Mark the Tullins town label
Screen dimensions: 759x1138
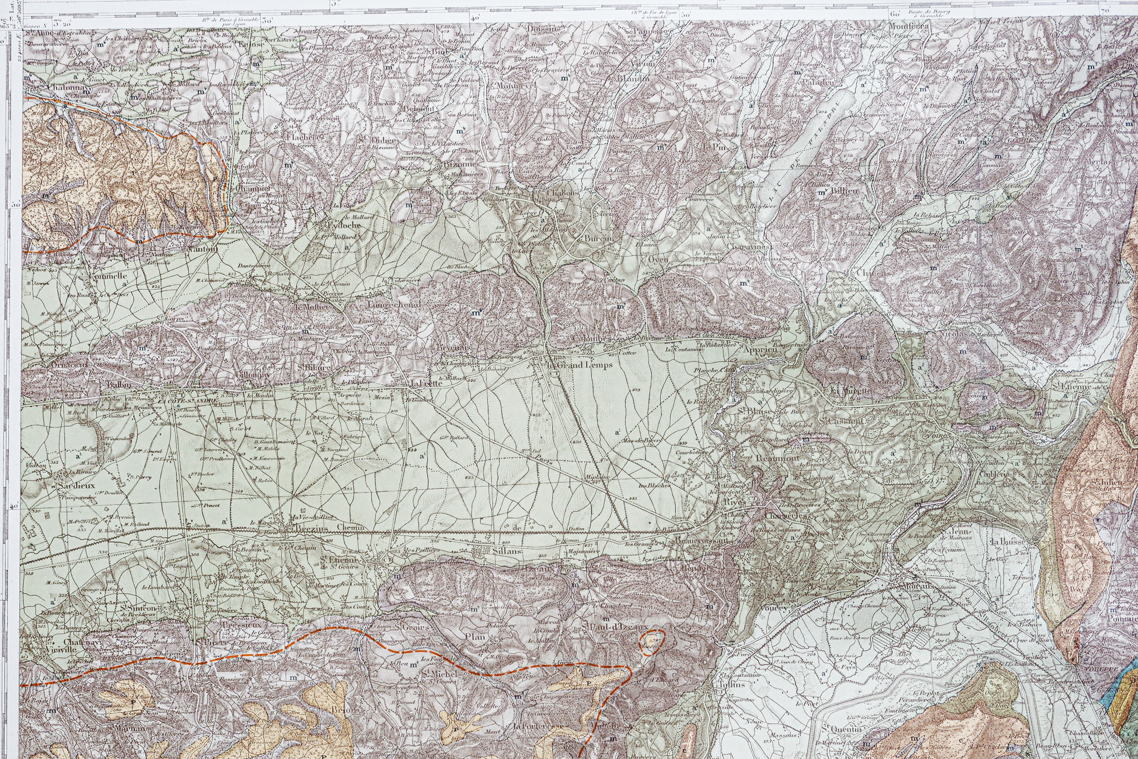731,684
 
